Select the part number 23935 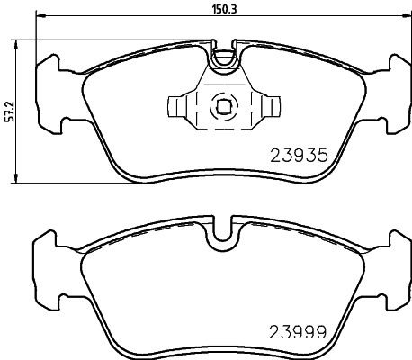306,155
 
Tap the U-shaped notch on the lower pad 223,236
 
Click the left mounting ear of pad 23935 47,90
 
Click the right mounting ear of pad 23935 398,90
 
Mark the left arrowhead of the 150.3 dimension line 39,20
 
